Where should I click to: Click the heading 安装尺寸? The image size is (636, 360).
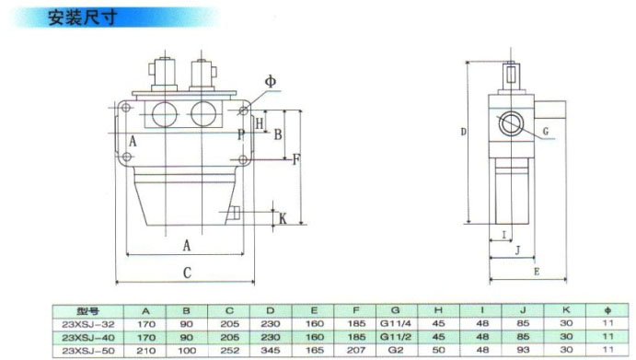[82, 17]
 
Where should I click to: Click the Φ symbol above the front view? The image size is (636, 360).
[271, 81]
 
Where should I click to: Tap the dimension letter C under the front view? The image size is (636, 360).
[187, 273]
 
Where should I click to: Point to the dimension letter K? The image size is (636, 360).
[283, 219]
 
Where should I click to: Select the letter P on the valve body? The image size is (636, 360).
[241, 134]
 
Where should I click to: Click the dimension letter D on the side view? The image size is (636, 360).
[464, 132]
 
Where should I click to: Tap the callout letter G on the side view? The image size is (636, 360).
[546, 132]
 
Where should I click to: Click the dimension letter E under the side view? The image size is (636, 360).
[537, 272]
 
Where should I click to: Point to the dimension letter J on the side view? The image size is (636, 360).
[517, 250]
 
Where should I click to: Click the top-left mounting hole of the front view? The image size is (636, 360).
[126, 108]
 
